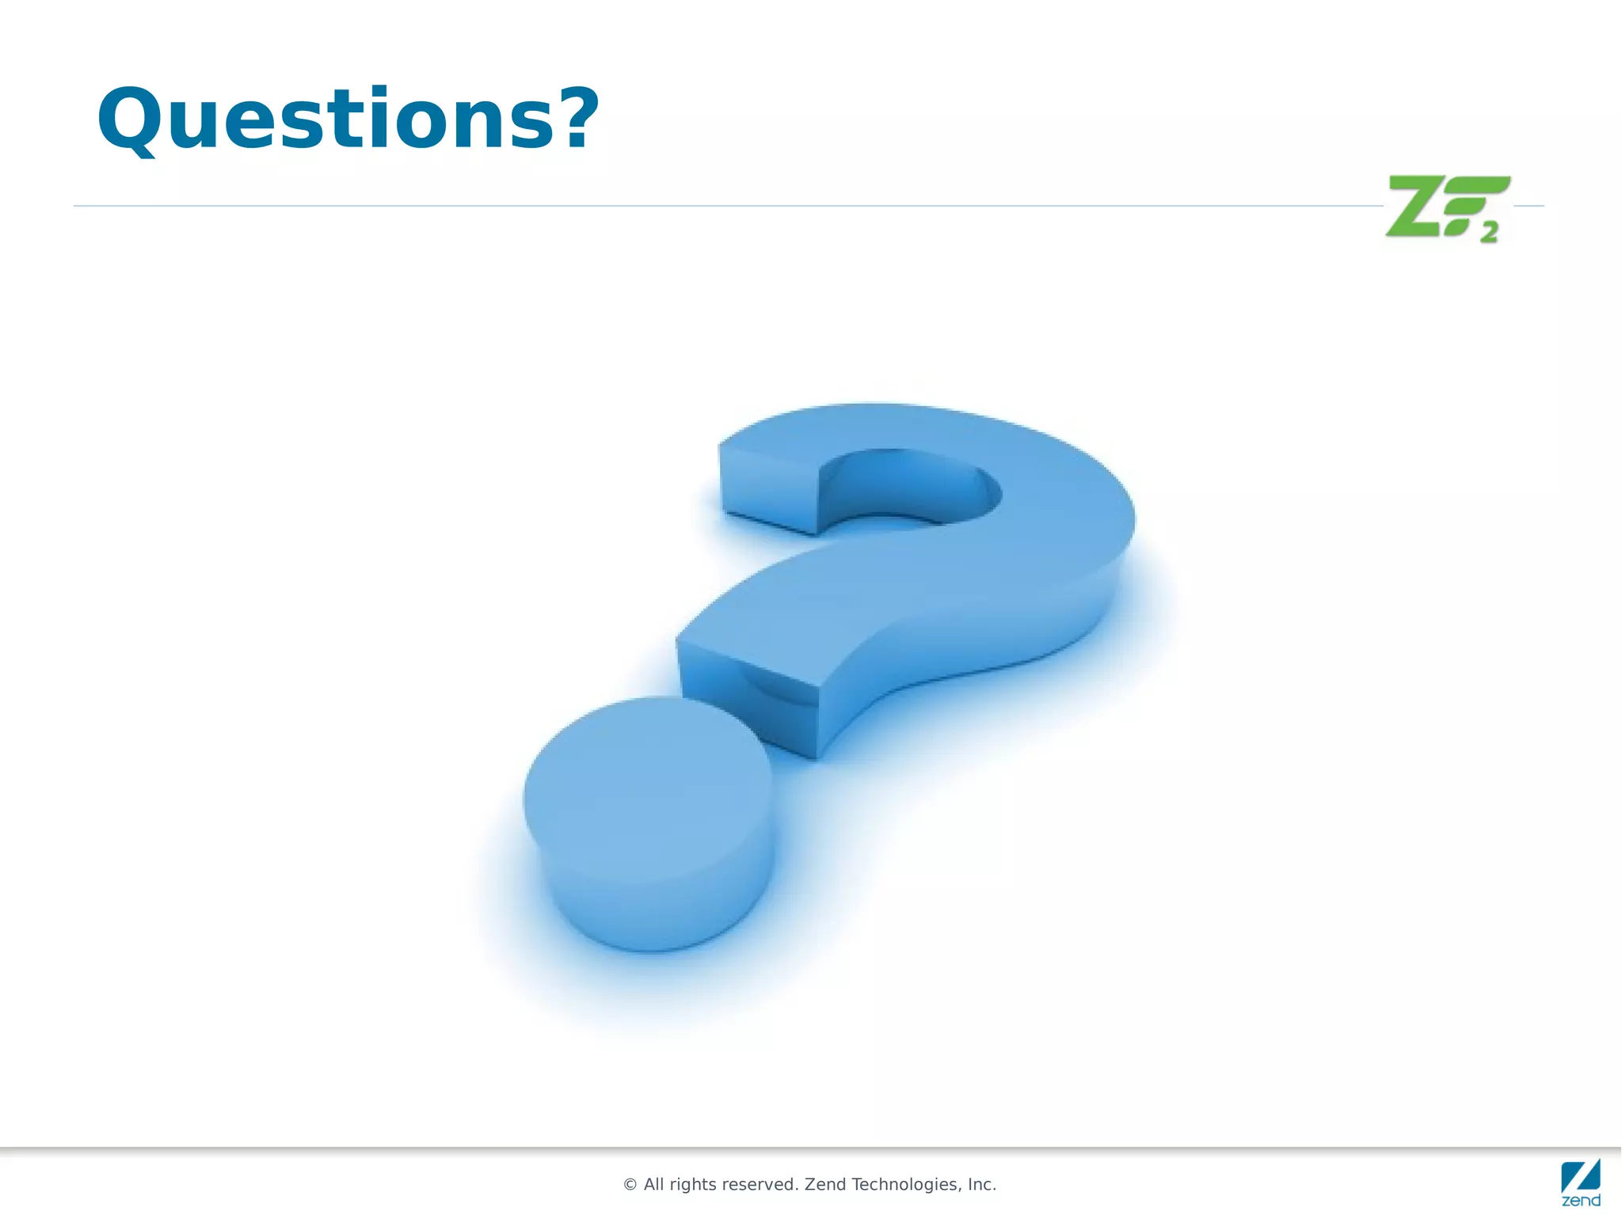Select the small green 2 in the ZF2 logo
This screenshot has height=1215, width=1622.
coord(1490,233)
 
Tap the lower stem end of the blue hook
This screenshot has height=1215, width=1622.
coord(748,697)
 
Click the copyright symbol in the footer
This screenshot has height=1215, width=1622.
coord(630,1185)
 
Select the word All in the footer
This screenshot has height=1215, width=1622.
coord(654,1184)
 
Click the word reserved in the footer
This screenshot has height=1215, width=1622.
coord(762,1184)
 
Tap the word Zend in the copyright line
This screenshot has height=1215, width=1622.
coord(825,1184)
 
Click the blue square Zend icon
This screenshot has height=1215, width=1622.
coord(1580,1175)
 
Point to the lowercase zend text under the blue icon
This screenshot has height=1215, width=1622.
coord(1581,1201)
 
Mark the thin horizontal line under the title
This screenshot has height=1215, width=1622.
coord(713,206)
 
